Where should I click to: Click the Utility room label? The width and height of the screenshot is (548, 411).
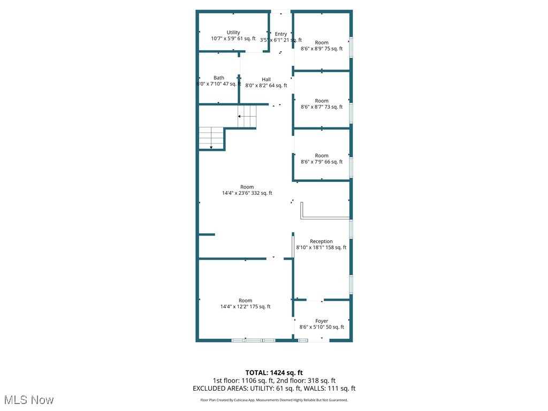click(x=233, y=33)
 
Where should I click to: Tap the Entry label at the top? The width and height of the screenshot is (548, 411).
click(x=281, y=34)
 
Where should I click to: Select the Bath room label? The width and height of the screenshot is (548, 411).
click(x=219, y=78)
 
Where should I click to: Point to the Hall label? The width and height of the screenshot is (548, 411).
click(x=266, y=79)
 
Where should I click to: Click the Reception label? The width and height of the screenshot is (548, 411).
click(x=321, y=241)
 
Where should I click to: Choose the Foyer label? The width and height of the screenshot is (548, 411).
click(x=322, y=321)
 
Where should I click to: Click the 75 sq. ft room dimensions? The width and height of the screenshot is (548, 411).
click(x=322, y=49)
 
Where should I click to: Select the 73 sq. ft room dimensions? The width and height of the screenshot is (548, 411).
click(x=322, y=107)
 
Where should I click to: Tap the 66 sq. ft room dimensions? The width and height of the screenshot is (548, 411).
click(x=322, y=162)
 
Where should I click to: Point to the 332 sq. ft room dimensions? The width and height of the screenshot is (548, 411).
click(x=247, y=193)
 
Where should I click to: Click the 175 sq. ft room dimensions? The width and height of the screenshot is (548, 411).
click(x=245, y=307)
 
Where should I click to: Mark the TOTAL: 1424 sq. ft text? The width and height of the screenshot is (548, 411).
click(x=274, y=372)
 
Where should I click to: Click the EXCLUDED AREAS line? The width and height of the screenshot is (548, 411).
click(x=274, y=389)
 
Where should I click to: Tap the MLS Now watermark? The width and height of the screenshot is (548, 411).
click(x=29, y=400)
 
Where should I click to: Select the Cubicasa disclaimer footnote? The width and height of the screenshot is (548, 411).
click(x=274, y=400)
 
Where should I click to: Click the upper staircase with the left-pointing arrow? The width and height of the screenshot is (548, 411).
click(x=247, y=116)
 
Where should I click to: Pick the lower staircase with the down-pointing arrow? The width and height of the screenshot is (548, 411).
click(x=211, y=138)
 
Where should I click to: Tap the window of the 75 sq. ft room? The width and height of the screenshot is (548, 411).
click(x=351, y=47)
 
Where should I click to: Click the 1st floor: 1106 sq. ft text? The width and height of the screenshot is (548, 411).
click(x=244, y=380)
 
